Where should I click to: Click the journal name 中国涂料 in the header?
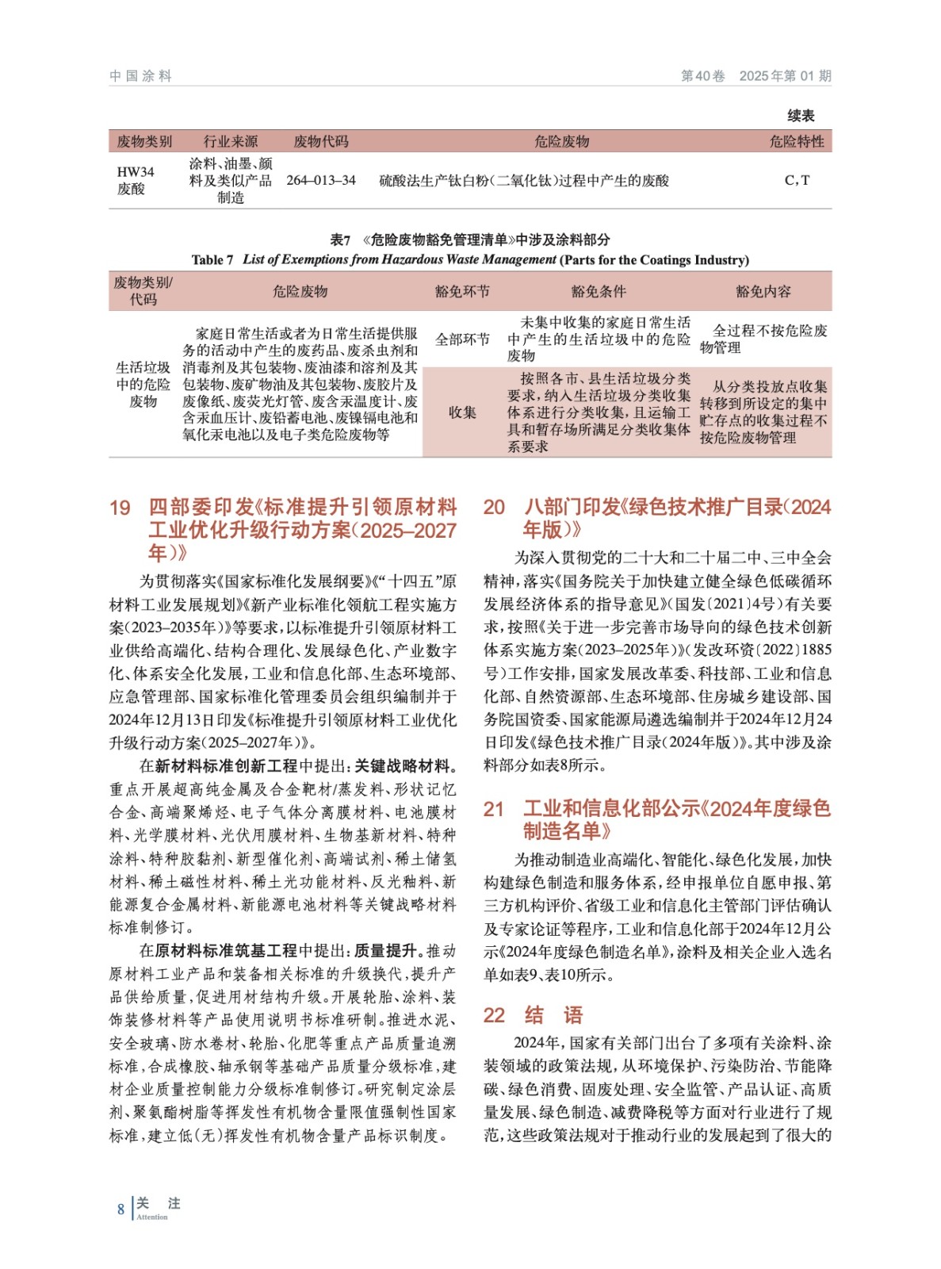[140, 76]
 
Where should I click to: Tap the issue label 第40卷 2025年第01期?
[755, 76]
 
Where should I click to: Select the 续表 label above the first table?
[801, 116]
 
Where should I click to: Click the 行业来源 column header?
[231, 142]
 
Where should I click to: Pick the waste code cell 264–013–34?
[321, 181]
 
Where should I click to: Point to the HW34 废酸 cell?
[136, 181]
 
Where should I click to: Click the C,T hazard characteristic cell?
[797, 181]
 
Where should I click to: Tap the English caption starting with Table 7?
[470, 259]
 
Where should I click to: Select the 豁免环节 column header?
[462, 291]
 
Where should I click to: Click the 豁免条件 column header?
[599, 291]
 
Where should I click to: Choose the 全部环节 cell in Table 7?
[462, 339]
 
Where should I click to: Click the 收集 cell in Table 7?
[462, 412]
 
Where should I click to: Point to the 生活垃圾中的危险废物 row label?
[143, 385]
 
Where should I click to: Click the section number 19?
[120, 508]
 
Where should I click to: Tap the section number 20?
[494, 508]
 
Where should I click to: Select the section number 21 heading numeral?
[494, 809]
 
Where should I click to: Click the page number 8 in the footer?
[120, 1209]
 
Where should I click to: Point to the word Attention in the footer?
[152, 1217]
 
